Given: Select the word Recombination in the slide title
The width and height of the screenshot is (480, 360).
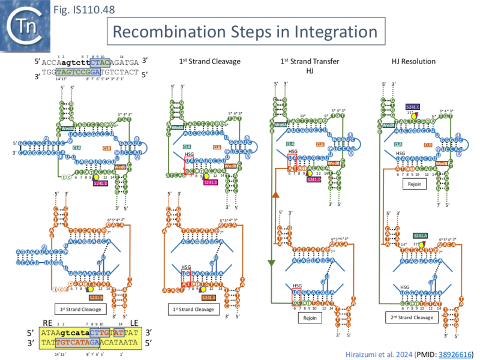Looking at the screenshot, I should (178, 31).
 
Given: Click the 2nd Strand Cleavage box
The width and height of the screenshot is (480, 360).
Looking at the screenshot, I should (413, 317).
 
